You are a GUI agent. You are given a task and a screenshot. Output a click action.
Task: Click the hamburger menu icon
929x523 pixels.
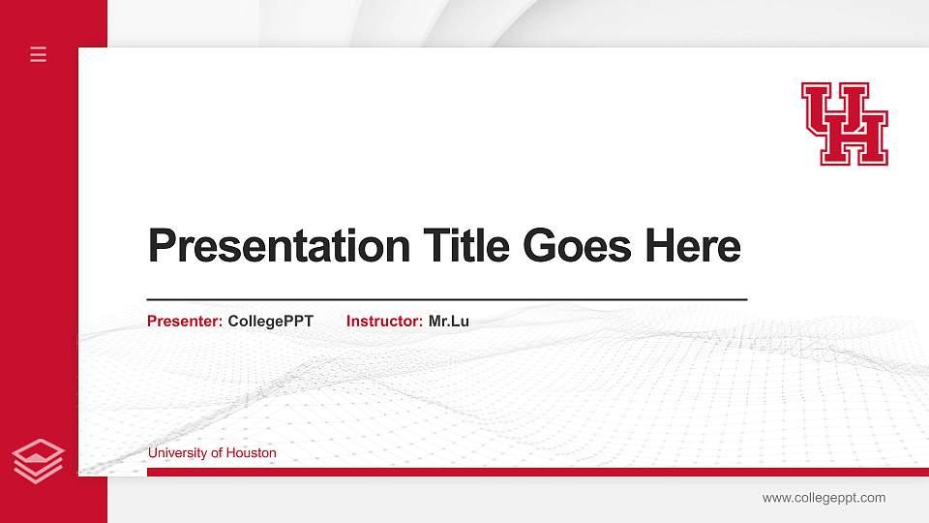click(x=39, y=54)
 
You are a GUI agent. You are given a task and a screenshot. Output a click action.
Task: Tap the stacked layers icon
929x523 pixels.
click(x=39, y=461)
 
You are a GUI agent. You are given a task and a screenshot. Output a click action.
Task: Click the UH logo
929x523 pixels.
click(x=845, y=123)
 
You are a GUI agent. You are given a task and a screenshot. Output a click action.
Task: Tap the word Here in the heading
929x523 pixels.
click(x=693, y=246)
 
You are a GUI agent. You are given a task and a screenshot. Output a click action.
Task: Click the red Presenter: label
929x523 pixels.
click(x=185, y=321)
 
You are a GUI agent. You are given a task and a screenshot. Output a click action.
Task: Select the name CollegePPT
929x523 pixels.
click(x=271, y=321)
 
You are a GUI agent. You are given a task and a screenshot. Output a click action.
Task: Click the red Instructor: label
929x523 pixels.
click(x=384, y=321)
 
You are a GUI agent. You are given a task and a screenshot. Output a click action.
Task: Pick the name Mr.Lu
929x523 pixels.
click(x=449, y=321)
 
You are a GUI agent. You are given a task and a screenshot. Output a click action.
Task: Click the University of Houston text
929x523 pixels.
click(x=212, y=452)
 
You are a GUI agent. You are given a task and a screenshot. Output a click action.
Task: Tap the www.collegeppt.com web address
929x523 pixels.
click(x=824, y=498)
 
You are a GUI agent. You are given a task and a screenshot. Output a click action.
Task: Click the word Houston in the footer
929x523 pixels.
click(x=252, y=452)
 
